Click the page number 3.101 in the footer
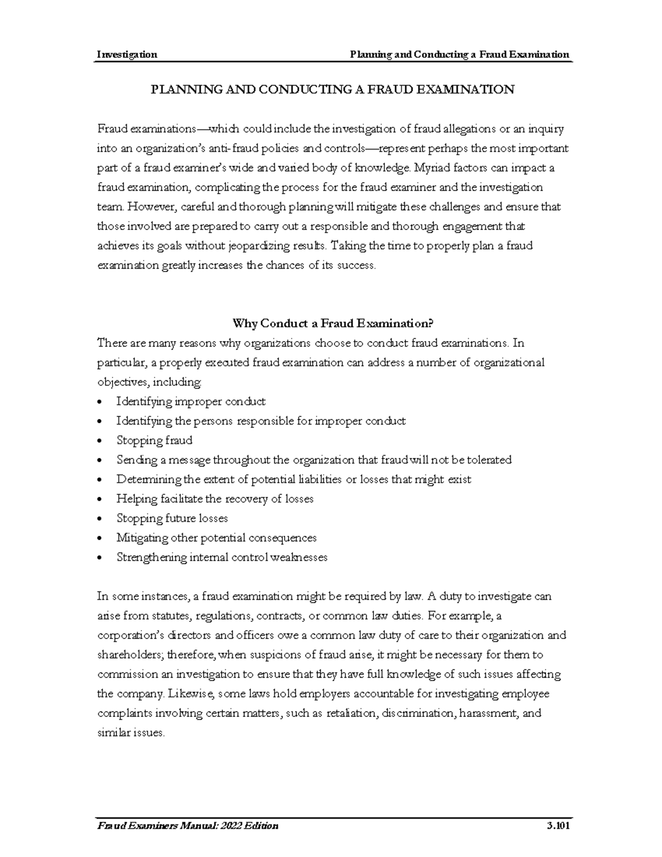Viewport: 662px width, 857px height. point(557,826)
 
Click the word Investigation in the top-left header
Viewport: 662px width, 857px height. point(127,54)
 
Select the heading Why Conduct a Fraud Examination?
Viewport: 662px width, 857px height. point(330,323)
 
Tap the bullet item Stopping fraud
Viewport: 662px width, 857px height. point(154,440)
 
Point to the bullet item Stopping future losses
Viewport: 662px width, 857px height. point(172,518)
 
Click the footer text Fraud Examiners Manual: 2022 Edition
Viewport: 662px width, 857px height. point(188,826)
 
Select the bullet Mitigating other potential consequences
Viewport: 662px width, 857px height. point(216,537)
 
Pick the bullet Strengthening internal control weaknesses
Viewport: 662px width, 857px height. point(222,557)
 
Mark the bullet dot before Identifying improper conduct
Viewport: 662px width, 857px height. point(99,402)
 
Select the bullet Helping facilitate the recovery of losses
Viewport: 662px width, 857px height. point(215,499)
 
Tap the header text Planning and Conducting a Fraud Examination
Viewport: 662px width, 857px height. point(456,54)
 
